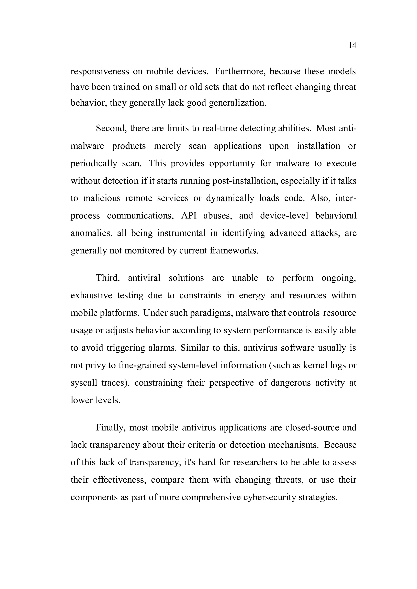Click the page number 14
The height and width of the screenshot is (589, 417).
pyautogui.click(x=352, y=45)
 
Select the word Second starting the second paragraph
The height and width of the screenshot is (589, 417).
pyautogui.click(x=111, y=128)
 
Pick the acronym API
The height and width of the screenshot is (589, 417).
pyautogui.click(x=189, y=216)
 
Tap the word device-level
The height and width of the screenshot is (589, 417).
pyautogui.click(x=284, y=216)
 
